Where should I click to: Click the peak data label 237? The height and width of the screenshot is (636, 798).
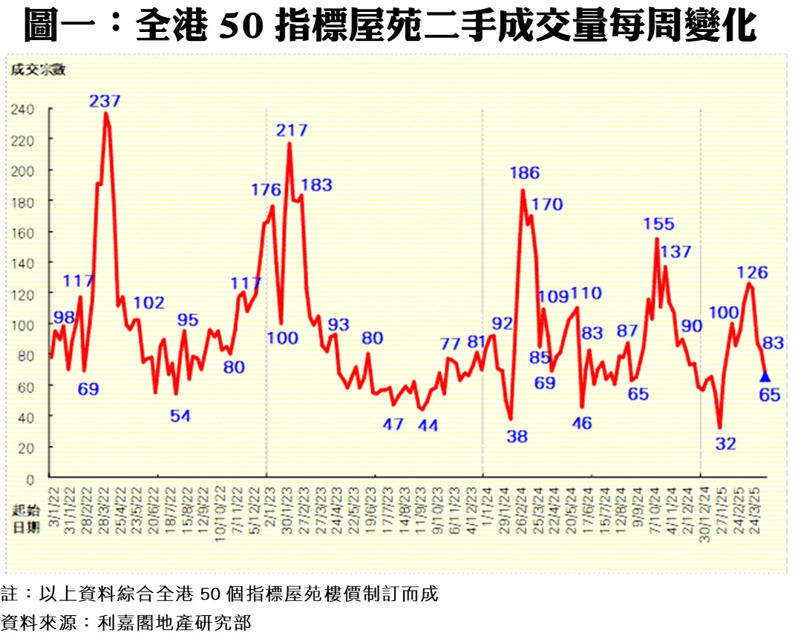point(105,101)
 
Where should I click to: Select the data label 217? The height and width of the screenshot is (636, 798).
point(292,131)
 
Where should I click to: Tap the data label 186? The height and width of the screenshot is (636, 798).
point(524,173)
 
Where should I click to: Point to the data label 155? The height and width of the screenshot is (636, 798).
point(659,224)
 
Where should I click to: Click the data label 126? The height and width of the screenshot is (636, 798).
point(753,272)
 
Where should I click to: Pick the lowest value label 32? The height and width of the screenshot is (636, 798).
point(725,444)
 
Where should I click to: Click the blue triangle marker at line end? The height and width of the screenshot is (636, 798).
point(765,377)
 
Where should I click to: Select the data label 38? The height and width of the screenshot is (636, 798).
point(517,437)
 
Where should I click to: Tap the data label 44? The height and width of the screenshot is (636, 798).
point(428,426)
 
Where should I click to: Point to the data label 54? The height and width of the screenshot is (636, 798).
point(180,416)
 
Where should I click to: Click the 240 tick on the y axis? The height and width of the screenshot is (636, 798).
point(22,109)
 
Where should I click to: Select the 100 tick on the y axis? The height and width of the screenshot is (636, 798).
point(22,325)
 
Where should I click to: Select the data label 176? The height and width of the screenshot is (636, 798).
point(266,190)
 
